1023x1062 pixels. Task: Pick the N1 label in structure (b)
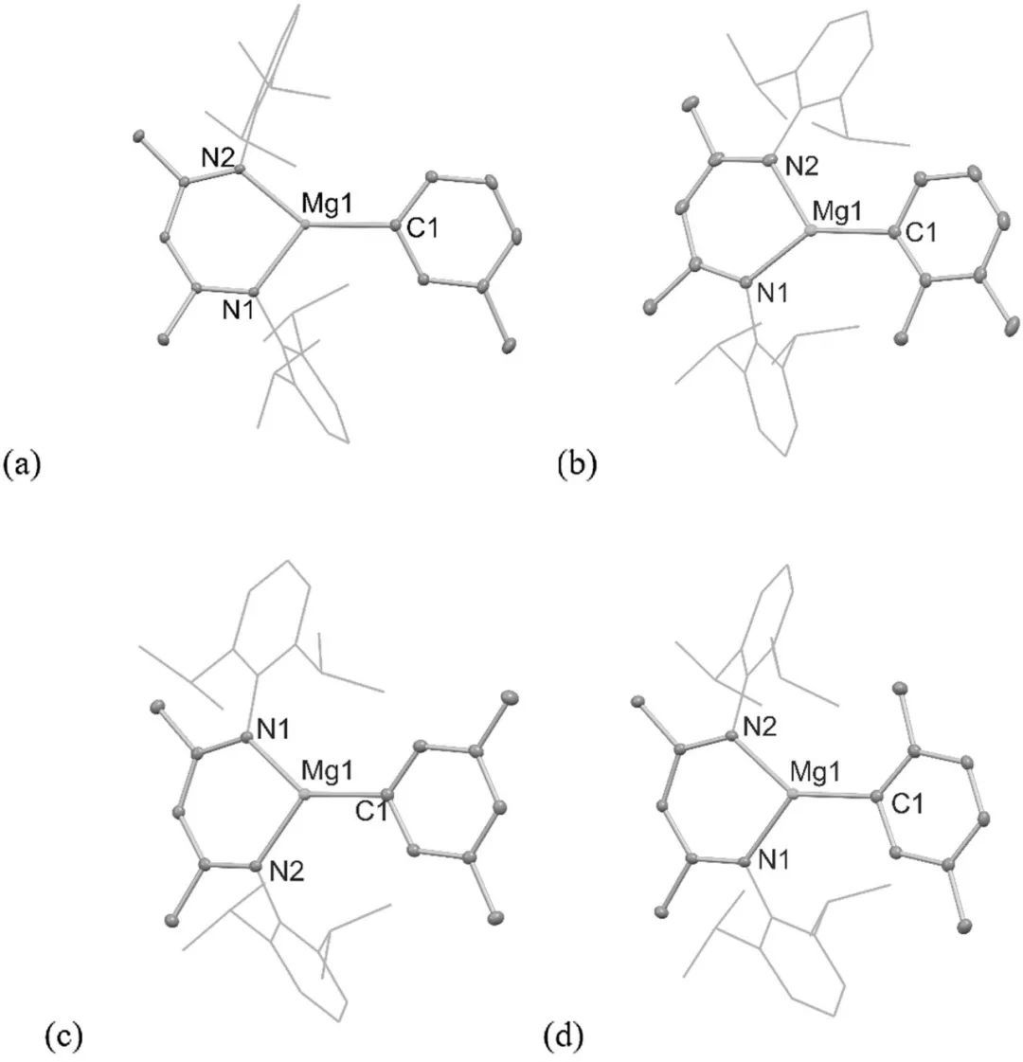click(774, 296)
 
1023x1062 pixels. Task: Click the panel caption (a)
click(22, 466)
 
